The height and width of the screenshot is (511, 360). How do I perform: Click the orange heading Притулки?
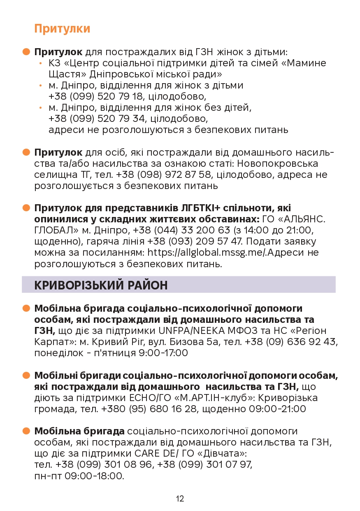(x=62, y=29)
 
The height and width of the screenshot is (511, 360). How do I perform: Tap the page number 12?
(x=180, y=499)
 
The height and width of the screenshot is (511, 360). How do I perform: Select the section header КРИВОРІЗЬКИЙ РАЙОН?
(x=101, y=285)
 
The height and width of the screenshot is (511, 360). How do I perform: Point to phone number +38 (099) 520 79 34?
(x=97, y=119)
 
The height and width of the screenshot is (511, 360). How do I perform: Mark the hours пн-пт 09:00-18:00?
(x=79, y=476)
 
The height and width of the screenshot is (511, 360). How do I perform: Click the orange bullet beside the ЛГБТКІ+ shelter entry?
(x=27, y=208)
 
